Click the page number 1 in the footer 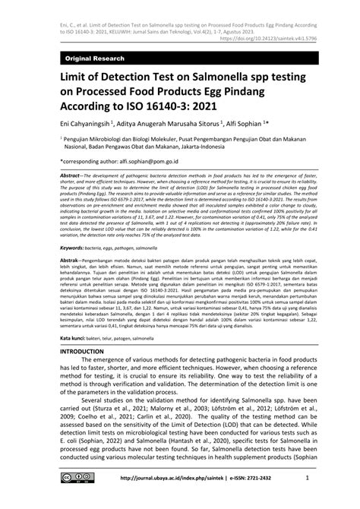coord(305,499)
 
